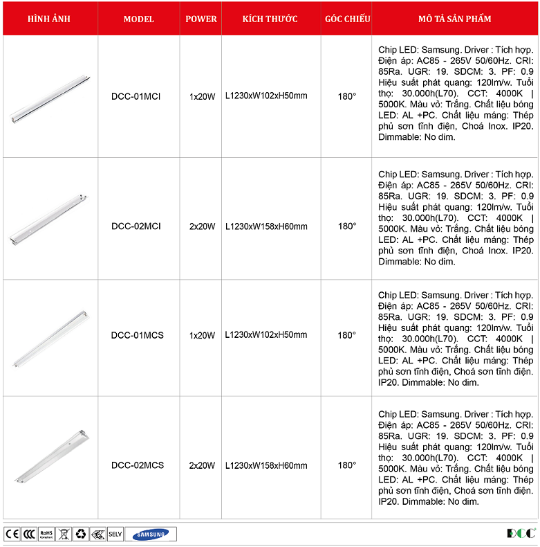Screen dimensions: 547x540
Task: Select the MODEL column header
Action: pos(138,19)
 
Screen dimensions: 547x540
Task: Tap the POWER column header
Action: pos(201,19)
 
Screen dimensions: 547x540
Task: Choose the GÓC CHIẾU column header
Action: pos(347,19)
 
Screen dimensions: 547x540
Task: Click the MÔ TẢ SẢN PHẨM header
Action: pos(455,19)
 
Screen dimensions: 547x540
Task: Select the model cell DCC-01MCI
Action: pos(136,96)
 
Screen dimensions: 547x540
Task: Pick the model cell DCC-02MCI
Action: pos(136,226)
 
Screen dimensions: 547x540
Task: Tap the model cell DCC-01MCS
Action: pos(137,335)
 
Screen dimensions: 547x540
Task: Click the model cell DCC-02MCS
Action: pos(137,465)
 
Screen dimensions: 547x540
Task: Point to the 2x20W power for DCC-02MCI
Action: pos(202,226)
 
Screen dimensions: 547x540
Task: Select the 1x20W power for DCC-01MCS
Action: pos(202,335)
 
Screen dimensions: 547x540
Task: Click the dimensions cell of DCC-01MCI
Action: pos(266,96)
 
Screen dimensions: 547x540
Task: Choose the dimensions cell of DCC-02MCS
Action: pos(266,465)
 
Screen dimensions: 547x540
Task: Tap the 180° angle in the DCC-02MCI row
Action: pos(347,226)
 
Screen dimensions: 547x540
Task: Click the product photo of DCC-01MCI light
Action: pos(50,96)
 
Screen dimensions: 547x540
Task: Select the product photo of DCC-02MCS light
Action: pos(50,457)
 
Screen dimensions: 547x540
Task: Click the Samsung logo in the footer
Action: pos(151,534)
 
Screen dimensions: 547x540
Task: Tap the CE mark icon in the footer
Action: pos(11,534)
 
